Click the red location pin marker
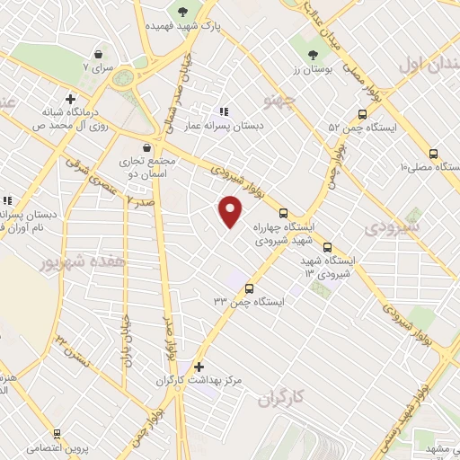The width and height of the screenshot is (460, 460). tap(231, 210)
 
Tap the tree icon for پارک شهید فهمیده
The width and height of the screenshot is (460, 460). tap(183, 12)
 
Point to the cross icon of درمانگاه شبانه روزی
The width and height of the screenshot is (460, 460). tap(70, 99)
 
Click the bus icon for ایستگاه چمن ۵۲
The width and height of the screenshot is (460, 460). tap(362, 114)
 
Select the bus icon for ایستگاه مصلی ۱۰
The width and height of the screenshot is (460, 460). tap(433, 155)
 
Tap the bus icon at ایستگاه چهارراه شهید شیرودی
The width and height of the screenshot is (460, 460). tap(284, 214)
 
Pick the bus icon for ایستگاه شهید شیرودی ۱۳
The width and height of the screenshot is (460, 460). tap(326, 246)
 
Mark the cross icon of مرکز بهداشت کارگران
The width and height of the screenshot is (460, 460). tap(199, 367)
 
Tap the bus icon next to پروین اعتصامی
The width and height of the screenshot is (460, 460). tap(56, 433)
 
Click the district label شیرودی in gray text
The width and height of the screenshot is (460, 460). tap(392, 227)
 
